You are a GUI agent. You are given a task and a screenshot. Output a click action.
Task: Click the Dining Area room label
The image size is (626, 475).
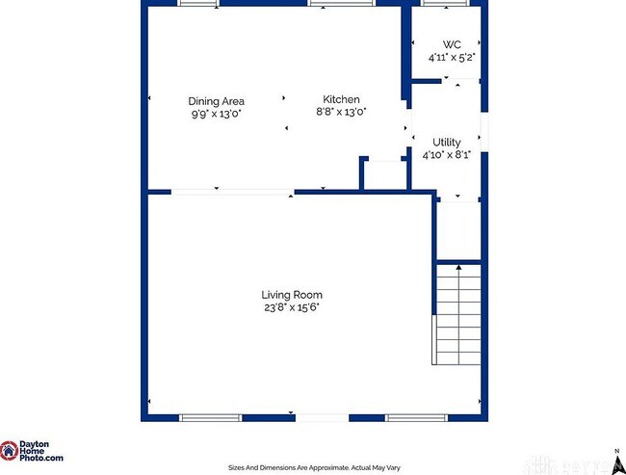click(216, 100)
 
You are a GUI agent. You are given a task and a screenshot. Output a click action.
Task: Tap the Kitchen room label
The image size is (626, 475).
click(341, 99)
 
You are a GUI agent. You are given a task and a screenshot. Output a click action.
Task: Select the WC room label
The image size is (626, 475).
click(452, 44)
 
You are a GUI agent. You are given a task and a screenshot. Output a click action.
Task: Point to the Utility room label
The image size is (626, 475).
click(446, 143)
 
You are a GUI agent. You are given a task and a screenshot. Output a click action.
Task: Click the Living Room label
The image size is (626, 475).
click(292, 295)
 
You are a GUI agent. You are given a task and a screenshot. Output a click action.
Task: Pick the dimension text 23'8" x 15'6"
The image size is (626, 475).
click(292, 307)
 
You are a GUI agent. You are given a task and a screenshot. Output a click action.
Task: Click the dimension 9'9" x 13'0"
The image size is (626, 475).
click(216, 113)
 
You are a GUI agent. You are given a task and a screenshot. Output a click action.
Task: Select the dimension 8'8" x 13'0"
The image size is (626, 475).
click(341, 112)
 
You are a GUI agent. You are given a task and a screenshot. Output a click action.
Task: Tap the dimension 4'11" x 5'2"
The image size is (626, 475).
click(452, 57)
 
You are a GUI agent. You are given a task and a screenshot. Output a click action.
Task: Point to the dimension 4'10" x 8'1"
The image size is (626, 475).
click(446, 155)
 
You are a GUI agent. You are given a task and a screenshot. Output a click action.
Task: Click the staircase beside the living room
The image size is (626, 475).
click(456, 313)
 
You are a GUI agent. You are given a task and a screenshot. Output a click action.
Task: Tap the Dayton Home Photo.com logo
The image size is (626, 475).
click(32, 452)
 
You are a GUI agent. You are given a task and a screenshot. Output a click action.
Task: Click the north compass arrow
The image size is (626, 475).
click(614, 451)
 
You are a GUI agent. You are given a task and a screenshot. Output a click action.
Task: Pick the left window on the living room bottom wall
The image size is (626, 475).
click(210, 417)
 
